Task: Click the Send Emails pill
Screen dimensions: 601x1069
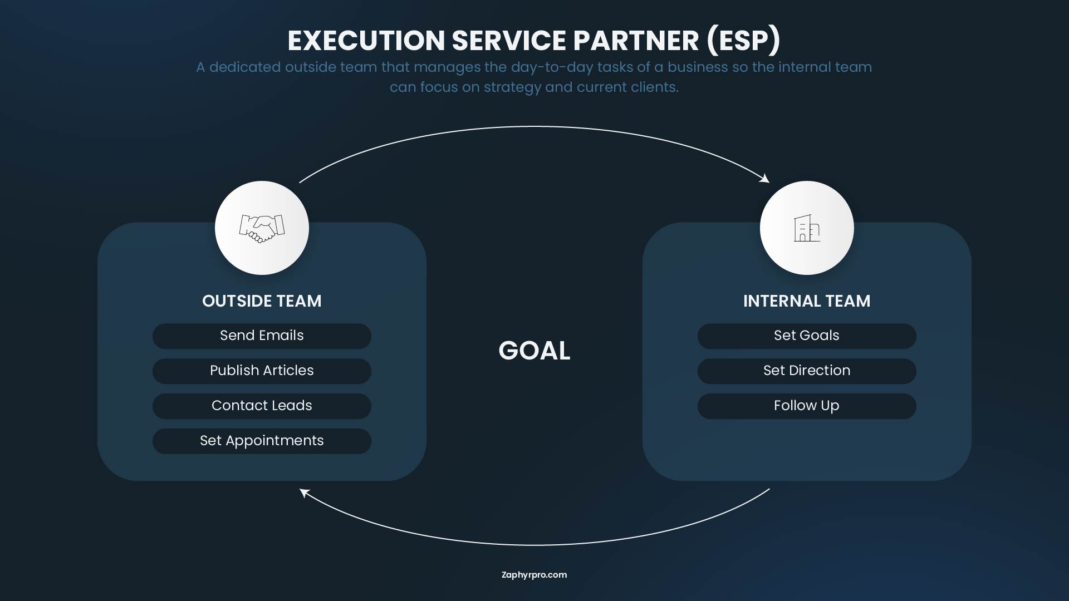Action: (262, 336)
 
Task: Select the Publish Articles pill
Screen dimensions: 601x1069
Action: (262, 371)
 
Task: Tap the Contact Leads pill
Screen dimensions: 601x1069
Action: (262, 406)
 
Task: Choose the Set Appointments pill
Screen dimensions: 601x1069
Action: (262, 441)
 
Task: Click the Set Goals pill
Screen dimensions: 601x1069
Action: (806, 336)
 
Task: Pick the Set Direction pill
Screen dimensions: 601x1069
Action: (806, 371)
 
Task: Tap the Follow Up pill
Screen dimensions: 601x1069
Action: (806, 406)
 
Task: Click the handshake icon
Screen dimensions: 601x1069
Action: (262, 228)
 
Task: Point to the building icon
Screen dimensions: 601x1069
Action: (806, 228)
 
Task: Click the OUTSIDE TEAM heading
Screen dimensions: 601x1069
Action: (262, 301)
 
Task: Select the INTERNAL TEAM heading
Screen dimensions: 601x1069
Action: (806, 301)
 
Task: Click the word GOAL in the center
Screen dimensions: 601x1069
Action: (534, 351)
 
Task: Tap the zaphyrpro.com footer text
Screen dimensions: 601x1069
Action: (534, 575)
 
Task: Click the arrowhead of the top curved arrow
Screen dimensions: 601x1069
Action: (766, 179)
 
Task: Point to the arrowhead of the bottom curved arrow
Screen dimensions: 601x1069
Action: (304, 492)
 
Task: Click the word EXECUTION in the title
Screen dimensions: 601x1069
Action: (366, 41)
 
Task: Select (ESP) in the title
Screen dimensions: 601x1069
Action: (743, 41)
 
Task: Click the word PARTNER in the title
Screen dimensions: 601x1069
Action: (636, 41)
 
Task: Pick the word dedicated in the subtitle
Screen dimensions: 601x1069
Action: (245, 67)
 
